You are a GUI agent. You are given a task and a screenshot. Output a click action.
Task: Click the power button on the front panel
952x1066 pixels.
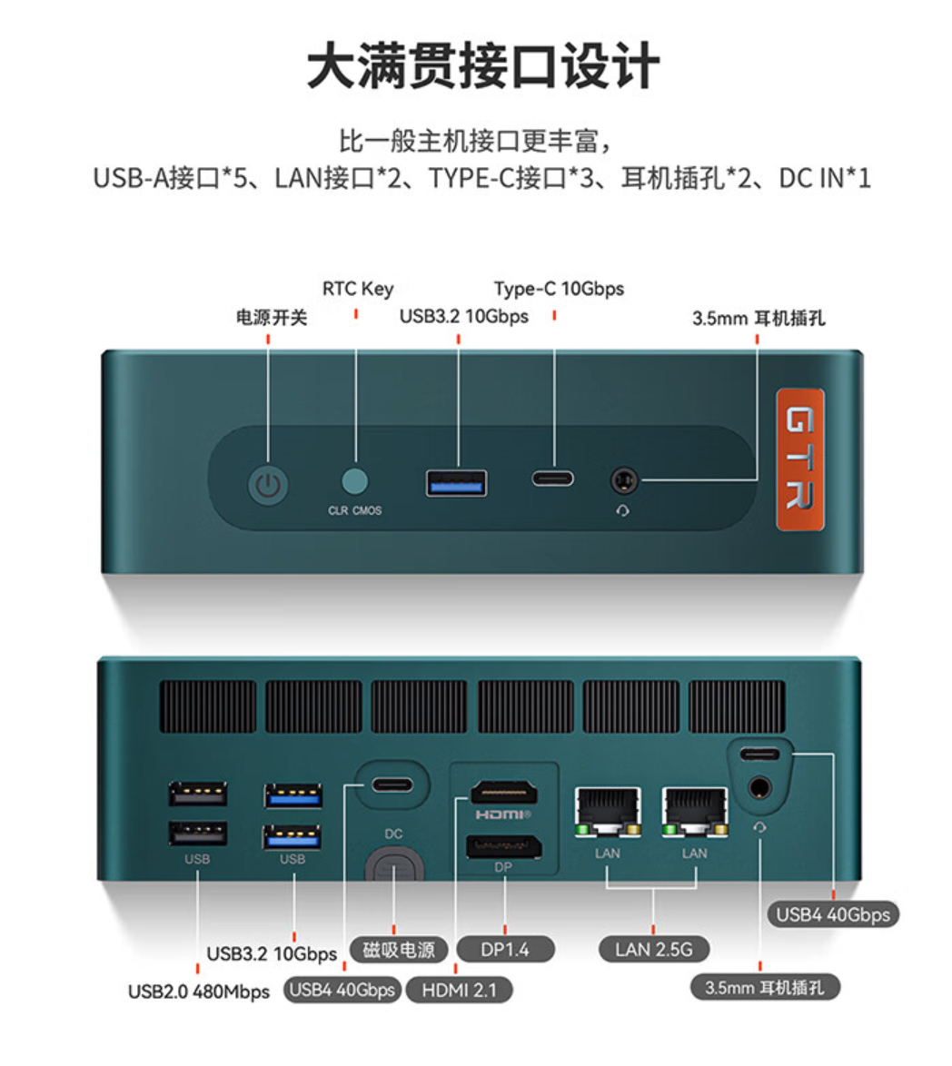[268, 486]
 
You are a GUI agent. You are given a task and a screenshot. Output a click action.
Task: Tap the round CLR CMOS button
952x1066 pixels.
[354, 480]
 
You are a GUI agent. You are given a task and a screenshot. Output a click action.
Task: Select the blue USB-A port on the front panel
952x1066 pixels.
[456, 483]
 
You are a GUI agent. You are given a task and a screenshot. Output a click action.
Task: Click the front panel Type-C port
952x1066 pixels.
[553, 479]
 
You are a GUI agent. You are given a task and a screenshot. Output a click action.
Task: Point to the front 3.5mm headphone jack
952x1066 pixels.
[623, 480]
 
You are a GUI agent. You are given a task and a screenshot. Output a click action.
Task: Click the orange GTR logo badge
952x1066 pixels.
[800, 459]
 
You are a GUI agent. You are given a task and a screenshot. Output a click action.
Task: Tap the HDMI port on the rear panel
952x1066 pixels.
[504, 793]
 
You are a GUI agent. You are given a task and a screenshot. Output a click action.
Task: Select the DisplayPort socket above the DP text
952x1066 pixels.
[504, 846]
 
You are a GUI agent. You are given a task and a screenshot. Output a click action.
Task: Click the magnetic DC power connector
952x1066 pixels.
[393, 867]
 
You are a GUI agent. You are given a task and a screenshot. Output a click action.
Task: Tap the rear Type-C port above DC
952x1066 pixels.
[392, 785]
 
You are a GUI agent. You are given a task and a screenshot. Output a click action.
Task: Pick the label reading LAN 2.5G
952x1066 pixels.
[653, 949]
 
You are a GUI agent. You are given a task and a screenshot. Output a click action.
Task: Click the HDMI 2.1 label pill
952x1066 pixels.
[459, 990]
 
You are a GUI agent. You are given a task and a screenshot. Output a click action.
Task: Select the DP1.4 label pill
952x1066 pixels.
[505, 949]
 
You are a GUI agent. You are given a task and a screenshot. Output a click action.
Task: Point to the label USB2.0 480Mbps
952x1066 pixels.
[199, 992]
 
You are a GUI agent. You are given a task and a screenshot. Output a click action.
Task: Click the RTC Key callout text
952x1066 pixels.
[358, 289]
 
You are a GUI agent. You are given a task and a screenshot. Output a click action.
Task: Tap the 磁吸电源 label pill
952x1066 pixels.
[399, 949]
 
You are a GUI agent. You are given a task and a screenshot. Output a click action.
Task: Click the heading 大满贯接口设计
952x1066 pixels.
[482, 65]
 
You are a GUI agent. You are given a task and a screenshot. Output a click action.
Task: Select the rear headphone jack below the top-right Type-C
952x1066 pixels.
[759, 789]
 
